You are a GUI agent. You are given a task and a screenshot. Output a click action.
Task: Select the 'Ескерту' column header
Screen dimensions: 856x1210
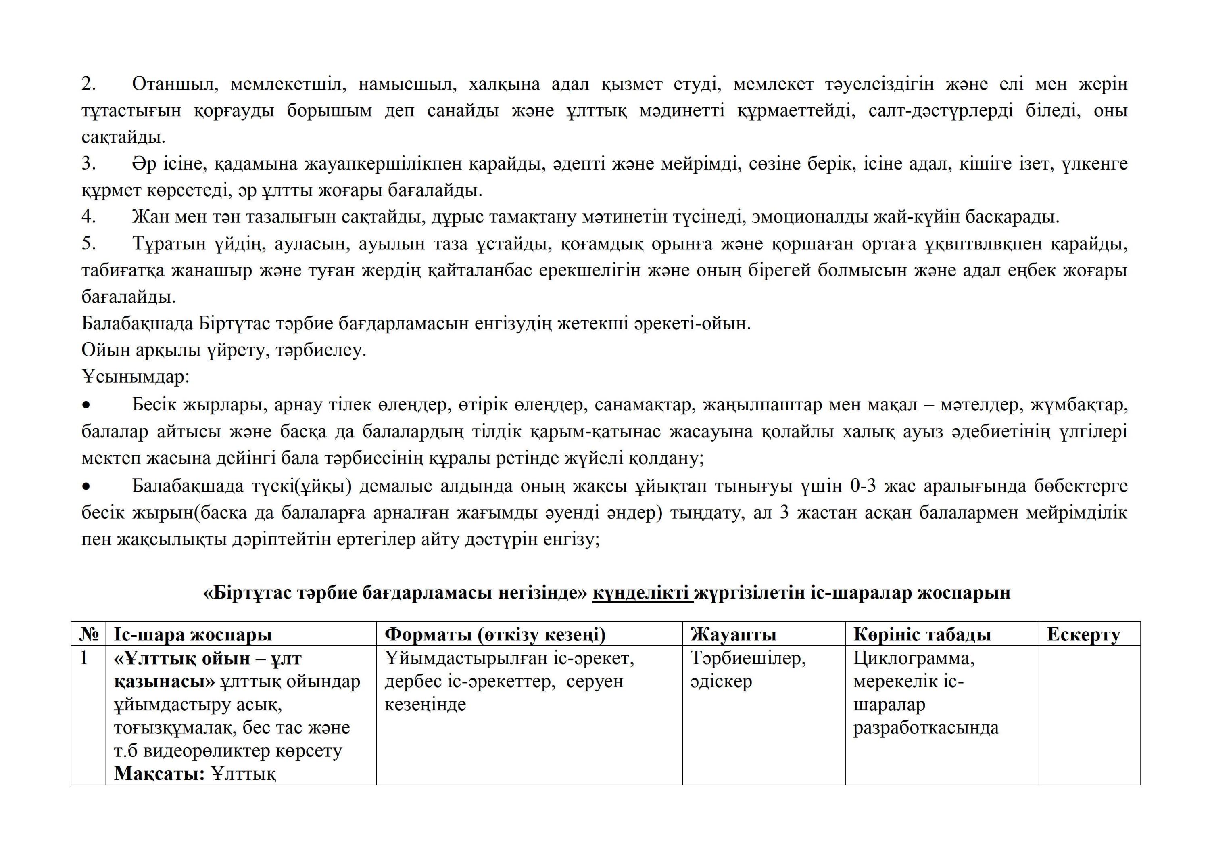coord(1083,634)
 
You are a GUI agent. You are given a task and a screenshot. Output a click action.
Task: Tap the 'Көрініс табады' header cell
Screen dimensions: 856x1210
coord(922,634)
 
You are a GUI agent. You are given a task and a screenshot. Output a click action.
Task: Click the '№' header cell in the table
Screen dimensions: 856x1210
coord(89,634)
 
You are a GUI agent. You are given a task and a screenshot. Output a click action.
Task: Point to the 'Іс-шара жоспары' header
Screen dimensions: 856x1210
coord(193,634)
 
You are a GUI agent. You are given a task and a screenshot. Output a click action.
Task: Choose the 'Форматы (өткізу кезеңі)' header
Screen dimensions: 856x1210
coord(495,634)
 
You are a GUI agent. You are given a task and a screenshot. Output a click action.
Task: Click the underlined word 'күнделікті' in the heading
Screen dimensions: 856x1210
coord(643,593)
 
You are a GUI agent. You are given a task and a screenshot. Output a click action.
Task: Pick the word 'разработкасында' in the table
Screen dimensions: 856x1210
coord(926,728)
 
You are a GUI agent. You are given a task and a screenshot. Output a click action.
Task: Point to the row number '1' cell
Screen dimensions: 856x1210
coord(84,658)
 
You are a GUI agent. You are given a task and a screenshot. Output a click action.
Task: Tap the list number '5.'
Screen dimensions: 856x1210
coord(89,244)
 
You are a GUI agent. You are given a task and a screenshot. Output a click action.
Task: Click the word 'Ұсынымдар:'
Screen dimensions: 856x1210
coord(136,377)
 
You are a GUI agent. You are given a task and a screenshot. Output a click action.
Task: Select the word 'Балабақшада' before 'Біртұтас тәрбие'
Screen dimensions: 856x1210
coord(138,323)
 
